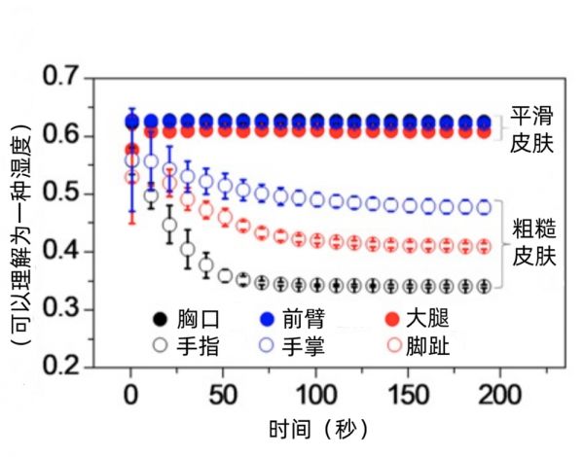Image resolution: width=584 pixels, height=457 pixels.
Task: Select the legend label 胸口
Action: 198,319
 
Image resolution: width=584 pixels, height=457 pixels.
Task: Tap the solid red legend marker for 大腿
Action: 393,319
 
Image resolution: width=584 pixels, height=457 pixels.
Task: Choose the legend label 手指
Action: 198,345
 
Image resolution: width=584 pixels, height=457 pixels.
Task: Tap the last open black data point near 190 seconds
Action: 482,286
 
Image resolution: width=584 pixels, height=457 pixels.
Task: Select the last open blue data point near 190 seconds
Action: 482,207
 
